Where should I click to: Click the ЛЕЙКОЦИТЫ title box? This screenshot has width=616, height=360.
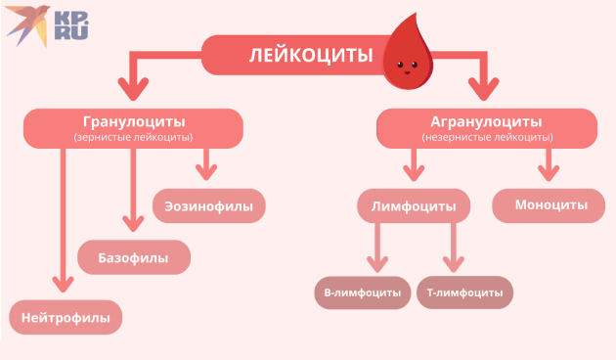tap(293, 55)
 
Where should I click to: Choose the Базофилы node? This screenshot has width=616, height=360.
tap(133, 258)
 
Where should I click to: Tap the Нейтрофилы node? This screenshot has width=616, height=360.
tap(66, 317)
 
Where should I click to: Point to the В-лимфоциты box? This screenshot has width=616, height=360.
tap(363, 292)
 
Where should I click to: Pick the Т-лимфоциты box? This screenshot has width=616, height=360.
tap(465, 292)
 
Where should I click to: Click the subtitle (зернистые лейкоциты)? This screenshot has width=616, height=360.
tap(133, 138)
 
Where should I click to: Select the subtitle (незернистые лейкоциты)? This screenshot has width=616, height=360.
tap(486, 138)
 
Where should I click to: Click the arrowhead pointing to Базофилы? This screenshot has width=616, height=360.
tap(134, 223)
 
